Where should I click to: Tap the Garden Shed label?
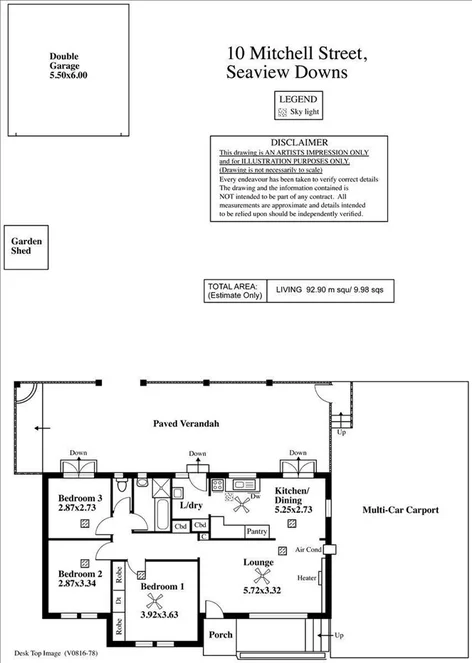pos(27,247)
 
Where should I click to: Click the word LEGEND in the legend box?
pos(297,99)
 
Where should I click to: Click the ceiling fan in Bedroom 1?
pos(155,600)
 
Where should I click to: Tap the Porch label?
pos(221,636)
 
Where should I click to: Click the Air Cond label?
pos(308,549)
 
